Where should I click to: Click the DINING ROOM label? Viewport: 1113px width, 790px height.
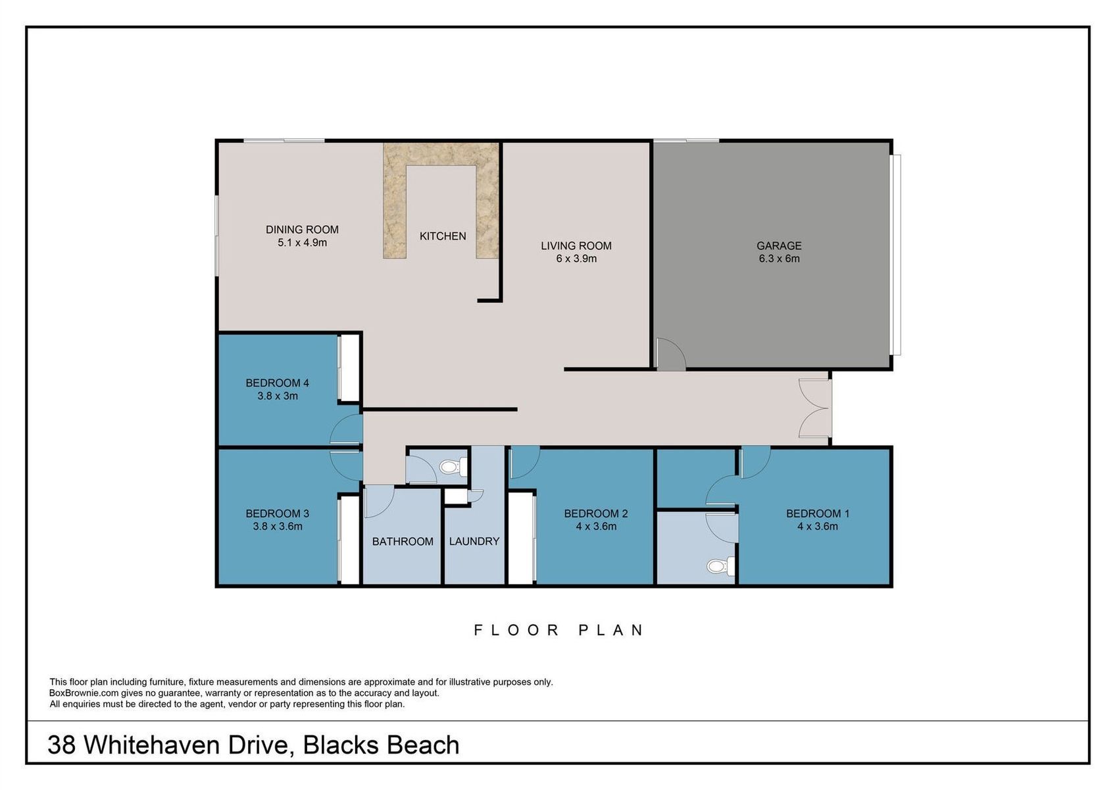point(302,230)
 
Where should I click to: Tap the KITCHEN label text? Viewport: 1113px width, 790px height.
point(443,236)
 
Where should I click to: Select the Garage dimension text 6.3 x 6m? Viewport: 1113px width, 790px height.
point(779,259)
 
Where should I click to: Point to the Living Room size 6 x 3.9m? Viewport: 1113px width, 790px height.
point(576,259)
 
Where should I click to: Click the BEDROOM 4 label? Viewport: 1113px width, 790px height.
point(277,382)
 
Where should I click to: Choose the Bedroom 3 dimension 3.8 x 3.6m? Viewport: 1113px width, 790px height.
point(277,526)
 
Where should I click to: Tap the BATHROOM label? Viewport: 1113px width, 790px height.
point(403,541)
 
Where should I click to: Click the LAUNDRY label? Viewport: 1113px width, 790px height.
point(474,541)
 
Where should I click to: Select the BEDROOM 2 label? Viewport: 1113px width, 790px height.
point(596,513)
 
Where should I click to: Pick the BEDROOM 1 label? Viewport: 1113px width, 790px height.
point(818,513)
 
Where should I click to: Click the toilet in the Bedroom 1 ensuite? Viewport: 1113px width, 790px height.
point(721,566)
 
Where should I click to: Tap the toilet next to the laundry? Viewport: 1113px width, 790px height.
point(453,467)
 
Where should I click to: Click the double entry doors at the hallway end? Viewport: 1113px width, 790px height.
point(815,408)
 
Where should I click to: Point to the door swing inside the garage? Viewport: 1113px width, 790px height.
point(671,354)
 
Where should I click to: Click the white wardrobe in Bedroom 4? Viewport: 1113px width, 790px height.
point(349,367)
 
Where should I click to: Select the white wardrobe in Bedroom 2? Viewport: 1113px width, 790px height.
point(521,537)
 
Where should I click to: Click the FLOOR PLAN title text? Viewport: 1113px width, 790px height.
point(558,631)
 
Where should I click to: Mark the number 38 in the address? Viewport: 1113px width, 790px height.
point(62,745)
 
